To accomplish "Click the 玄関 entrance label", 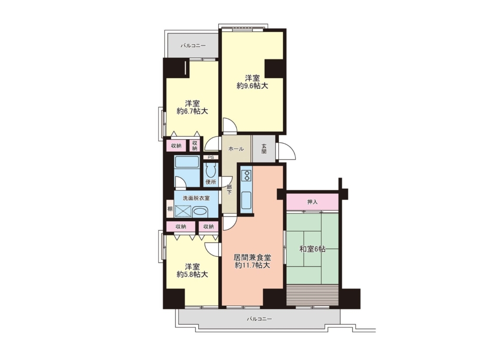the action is point(264,148).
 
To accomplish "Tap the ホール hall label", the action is point(236,149).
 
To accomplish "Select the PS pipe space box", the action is point(211,157).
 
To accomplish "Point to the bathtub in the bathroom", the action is point(187,162).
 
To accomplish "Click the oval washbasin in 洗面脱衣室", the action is point(200,212).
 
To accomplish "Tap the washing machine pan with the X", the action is point(183,211).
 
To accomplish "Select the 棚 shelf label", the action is point(170,209).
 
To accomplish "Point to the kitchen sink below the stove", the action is point(246,200).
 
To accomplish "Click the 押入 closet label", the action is point(312,202).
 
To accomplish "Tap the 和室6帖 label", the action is point(312,249).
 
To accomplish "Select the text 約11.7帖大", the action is point(252,266).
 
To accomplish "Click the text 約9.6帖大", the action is point(252,86).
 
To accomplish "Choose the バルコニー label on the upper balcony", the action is point(193,45).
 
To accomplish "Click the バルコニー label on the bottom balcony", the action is point(259,319).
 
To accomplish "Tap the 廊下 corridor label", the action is point(229,190).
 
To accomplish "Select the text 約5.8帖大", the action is point(192,274).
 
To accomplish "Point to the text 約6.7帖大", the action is point(192,111).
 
